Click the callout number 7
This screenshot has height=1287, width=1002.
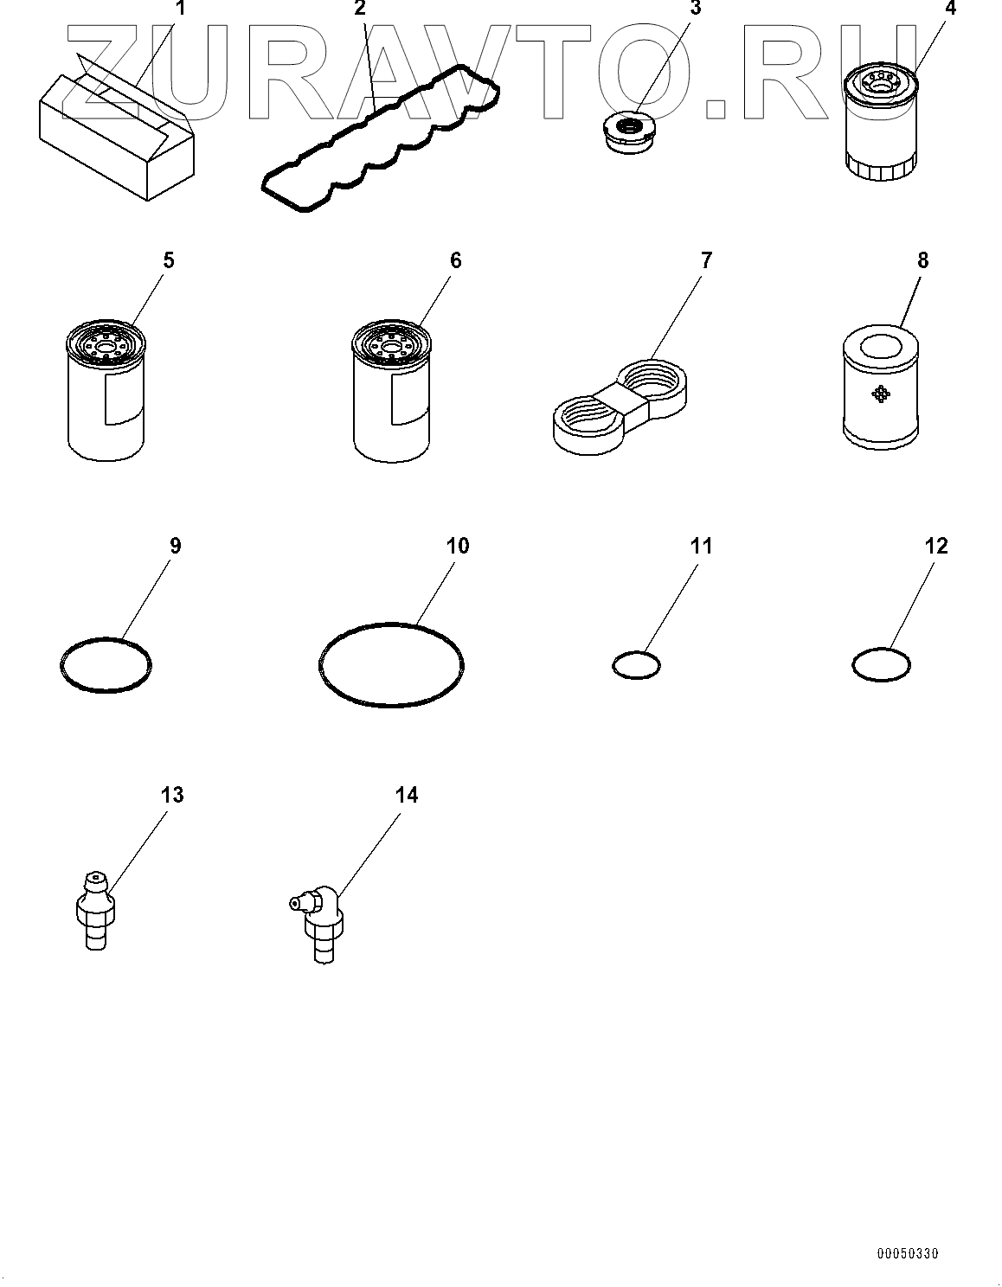coord(706,260)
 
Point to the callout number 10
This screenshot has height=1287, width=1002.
coord(457,546)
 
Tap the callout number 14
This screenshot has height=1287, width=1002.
coord(406,795)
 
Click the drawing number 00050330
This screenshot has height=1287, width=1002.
coord(906,1253)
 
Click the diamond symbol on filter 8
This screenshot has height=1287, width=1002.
coord(881,394)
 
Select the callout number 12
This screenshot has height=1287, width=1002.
coord(936,546)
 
